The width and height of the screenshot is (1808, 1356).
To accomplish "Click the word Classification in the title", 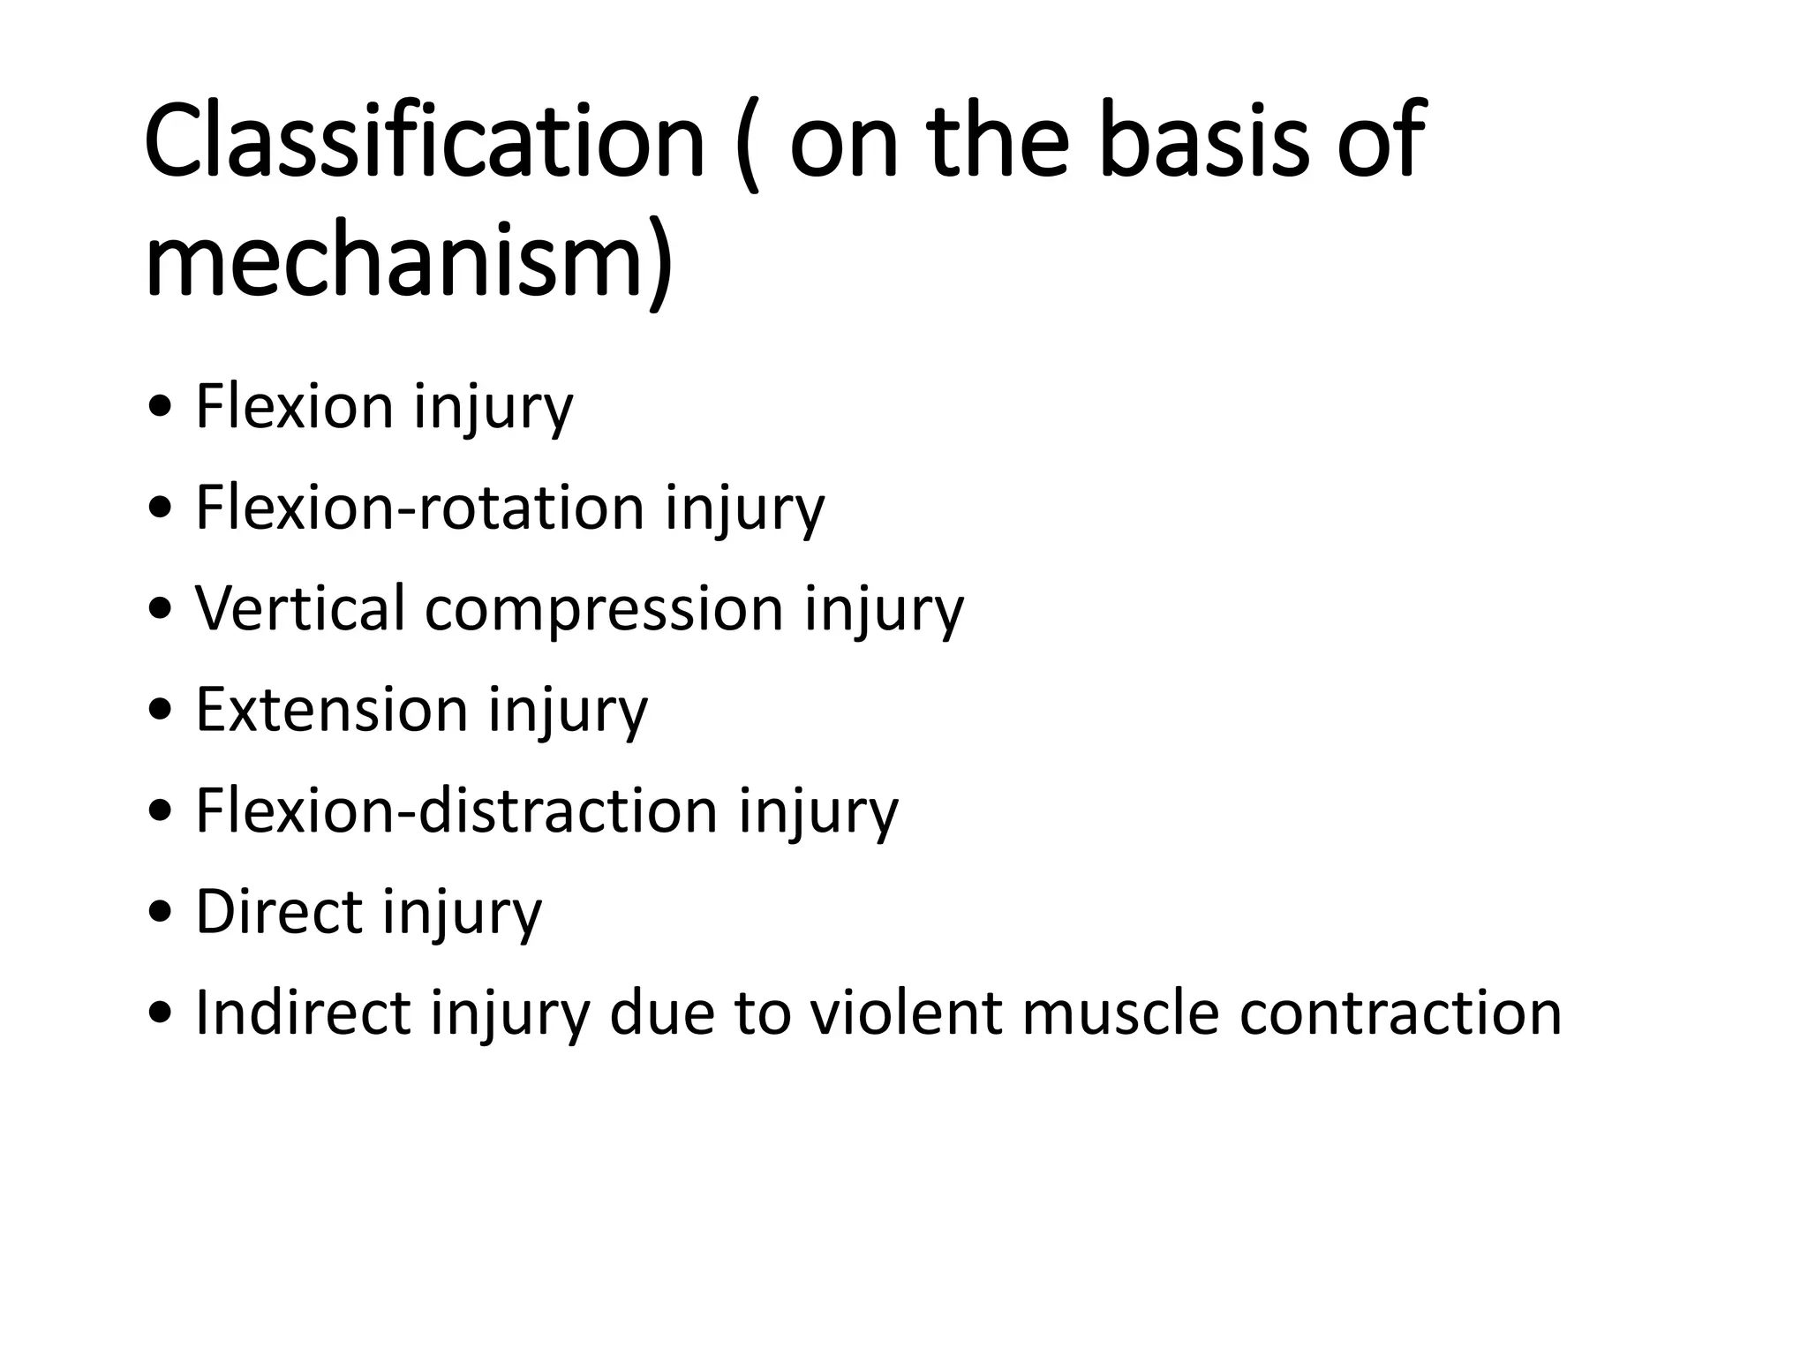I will (424, 141).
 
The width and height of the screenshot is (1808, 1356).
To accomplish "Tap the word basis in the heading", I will (1204, 141).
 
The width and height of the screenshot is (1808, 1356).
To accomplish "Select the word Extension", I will (331, 709).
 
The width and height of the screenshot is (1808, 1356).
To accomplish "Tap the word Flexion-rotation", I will (420, 508).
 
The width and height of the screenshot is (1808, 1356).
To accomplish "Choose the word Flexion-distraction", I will (456, 810).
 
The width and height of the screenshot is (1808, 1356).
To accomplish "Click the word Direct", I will (279, 911).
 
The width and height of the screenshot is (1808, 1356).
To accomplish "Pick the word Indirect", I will (303, 1012).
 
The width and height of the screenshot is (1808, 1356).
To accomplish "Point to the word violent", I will (906, 1012).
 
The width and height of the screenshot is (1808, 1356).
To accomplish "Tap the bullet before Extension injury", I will (162, 711).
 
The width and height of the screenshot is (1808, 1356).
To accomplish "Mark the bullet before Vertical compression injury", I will (162, 610).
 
